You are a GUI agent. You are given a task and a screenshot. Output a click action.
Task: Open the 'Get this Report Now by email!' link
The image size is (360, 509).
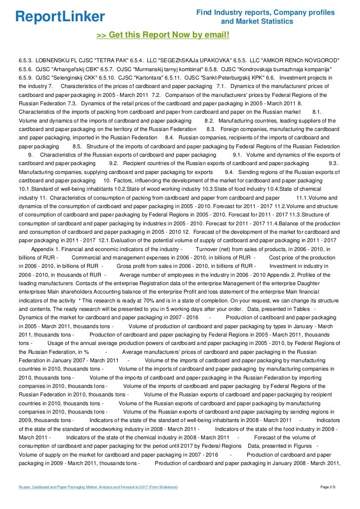click(x=163, y=35)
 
